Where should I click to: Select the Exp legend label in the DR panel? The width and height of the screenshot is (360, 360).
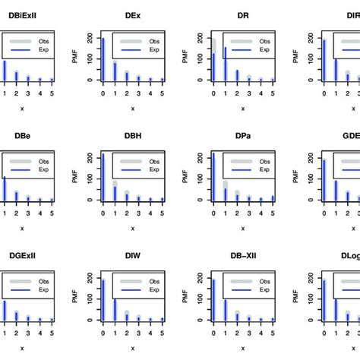click(x=267, y=52)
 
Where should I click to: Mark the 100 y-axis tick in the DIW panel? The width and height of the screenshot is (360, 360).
click(x=91, y=298)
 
